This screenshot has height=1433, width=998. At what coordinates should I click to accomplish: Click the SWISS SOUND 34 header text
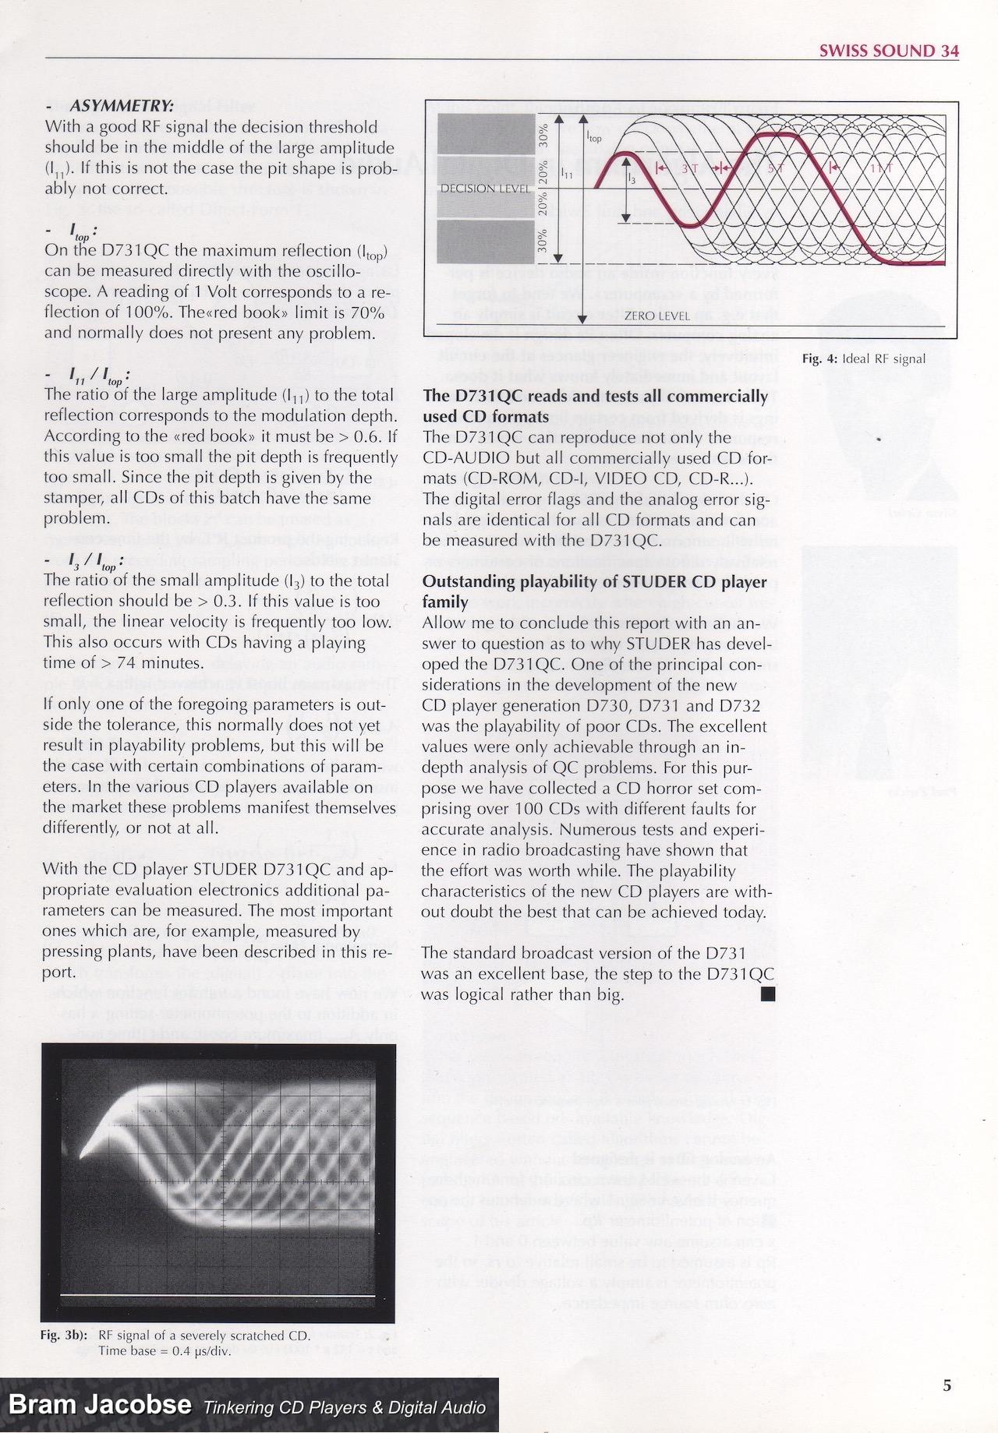click(889, 51)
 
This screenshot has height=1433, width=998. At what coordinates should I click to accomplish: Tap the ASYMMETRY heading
click(121, 106)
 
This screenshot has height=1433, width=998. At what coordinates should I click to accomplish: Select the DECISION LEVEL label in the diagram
click(485, 189)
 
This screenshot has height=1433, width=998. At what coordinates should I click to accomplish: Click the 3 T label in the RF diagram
click(688, 168)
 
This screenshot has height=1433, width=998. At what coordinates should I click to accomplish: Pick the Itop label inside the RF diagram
click(593, 136)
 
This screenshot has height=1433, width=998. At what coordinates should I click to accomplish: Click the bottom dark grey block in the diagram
click(482, 242)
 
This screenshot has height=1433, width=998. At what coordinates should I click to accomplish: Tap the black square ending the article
click(768, 993)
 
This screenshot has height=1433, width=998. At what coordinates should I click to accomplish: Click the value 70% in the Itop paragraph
click(366, 312)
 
